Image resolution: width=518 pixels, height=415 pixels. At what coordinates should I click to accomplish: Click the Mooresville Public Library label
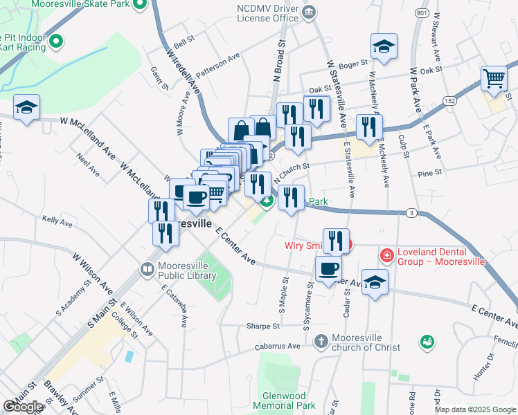point(187,269)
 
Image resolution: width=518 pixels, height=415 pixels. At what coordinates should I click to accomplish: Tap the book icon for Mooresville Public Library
point(147,269)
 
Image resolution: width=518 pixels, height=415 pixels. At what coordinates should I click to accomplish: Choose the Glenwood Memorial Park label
point(284,400)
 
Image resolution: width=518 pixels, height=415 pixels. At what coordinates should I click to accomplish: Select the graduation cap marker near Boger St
point(383,46)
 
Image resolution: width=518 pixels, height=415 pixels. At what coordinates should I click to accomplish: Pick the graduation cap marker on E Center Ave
point(375,282)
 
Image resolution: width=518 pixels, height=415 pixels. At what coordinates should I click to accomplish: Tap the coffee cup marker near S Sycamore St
point(328,268)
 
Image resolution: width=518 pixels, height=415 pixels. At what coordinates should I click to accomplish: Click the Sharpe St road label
point(262,326)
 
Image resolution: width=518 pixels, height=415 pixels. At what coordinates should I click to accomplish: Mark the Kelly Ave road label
point(57,222)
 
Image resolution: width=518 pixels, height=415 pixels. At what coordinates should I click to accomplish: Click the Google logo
point(24,407)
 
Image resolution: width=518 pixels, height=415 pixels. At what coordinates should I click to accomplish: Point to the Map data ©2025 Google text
point(475,409)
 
